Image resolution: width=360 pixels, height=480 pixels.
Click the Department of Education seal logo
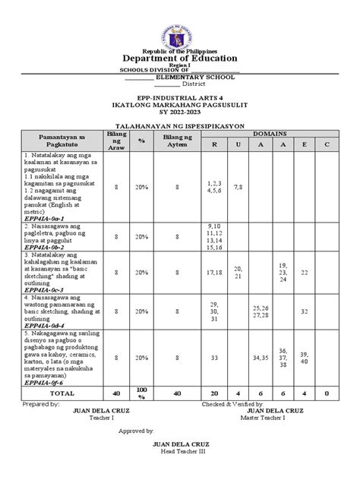point(180,23)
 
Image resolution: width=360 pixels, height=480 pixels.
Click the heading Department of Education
point(180,58)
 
